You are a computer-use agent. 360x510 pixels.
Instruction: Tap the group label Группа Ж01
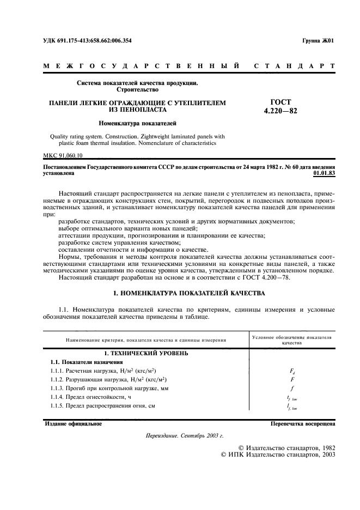[318, 41]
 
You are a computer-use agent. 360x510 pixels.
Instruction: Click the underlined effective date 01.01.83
[325, 173]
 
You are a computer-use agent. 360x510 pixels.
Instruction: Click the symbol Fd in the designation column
[292, 371]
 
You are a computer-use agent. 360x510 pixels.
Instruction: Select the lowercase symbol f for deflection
[292, 388]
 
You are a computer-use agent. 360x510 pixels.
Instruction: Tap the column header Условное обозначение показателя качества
[292, 341]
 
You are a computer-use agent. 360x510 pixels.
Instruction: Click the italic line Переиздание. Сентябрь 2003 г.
[185, 436]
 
